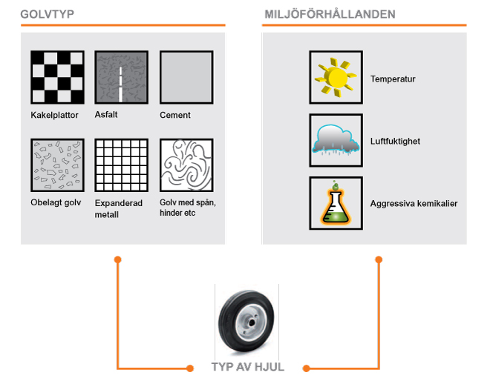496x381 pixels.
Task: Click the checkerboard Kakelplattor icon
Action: (57, 77)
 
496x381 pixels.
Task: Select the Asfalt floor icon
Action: (122, 77)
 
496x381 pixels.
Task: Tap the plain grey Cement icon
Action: (186, 77)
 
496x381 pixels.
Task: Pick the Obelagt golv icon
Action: (57, 165)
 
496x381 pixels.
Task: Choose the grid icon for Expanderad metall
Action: (122, 165)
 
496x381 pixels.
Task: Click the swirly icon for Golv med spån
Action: (186, 165)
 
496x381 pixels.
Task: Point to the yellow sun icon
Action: (336, 77)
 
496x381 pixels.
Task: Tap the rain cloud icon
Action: (336, 140)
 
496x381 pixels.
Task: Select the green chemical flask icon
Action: (336, 203)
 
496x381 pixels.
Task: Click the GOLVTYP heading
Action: (47, 14)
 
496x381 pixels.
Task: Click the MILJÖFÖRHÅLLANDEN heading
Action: (330, 14)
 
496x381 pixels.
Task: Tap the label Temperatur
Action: (393, 79)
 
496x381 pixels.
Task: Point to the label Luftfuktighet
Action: (395, 141)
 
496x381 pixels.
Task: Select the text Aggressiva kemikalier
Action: (414, 203)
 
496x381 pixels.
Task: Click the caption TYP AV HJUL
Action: (248, 367)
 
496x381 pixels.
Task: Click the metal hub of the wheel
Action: (252, 322)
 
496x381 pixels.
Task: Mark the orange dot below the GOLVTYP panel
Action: (117, 259)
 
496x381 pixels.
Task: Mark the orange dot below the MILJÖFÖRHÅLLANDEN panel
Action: (379, 259)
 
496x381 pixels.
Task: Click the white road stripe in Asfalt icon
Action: (120, 84)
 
